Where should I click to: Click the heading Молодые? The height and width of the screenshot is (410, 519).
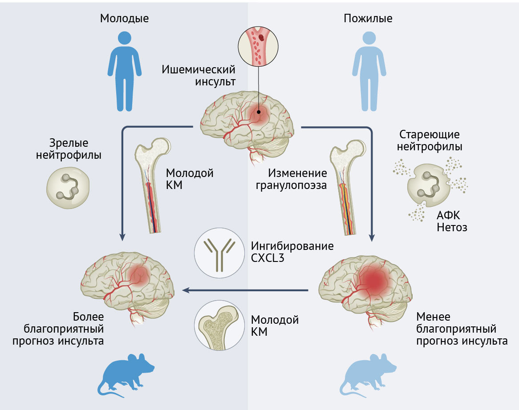[124, 18]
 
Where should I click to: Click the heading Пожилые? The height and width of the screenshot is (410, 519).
[368, 18]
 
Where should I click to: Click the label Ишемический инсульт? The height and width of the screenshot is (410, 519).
[198, 76]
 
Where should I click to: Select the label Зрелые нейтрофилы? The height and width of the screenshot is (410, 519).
[75, 149]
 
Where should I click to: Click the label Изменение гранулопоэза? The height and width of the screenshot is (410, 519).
[291, 179]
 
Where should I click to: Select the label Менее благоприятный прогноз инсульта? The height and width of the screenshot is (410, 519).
[462, 329]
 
